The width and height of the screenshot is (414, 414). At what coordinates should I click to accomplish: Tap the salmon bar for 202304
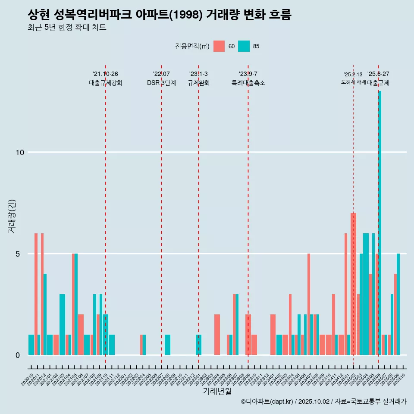pyautogui.click(x=217, y=335)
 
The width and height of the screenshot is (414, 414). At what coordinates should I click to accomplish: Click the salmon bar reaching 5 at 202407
pyautogui.click(x=309, y=304)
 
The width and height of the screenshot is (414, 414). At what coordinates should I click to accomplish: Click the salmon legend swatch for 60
pyautogui.click(x=219, y=46)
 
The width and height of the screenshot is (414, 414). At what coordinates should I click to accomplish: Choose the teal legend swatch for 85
pyautogui.click(x=244, y=46)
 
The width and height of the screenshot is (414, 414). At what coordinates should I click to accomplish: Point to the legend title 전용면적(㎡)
pyautogui.click(x=192, y=46)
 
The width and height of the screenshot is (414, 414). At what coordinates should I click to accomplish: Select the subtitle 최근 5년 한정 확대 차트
pyautogui.click(x=66, y=28)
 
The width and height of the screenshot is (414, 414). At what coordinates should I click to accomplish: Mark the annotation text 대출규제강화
pyautogui.click(x=106, y=83)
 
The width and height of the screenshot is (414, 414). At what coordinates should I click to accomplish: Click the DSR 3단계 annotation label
pyautogui.click(x=161, y=83)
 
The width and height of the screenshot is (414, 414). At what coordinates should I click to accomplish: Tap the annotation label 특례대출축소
pyautogui.click(x=248, y=83)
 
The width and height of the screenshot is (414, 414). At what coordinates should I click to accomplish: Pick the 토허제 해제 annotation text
pyautogui.click(x=353, y=82)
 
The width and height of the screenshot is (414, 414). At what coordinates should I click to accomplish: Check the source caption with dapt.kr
pyautogui.click(x=323, y=401)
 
